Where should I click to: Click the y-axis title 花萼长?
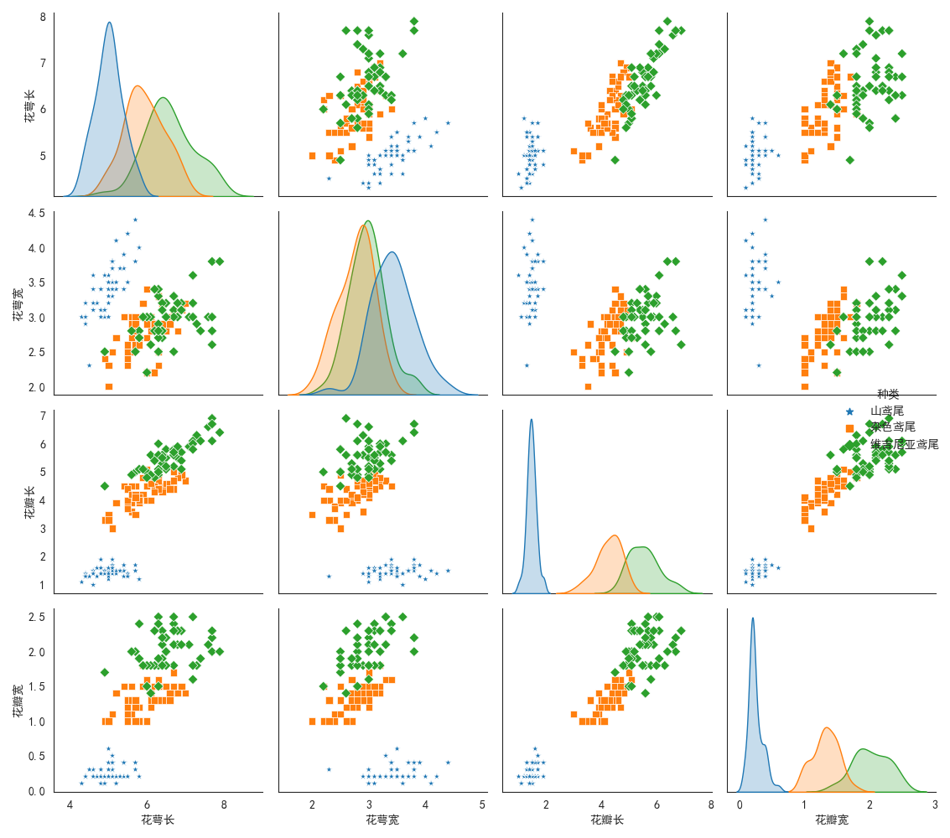tap(30, 106)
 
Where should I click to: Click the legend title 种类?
tap(888, 395)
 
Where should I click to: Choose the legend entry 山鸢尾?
tap(886, 411)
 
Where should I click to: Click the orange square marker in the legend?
tap(849, 427)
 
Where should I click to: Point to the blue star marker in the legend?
tap(849, 411)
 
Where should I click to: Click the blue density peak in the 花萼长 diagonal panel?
tap(109, 23)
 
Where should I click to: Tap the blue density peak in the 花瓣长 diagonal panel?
tap(531, 420)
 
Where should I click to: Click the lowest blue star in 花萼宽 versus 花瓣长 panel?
tap(527, 365)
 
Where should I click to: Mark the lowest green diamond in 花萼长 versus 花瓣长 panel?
tap(615, 159)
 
